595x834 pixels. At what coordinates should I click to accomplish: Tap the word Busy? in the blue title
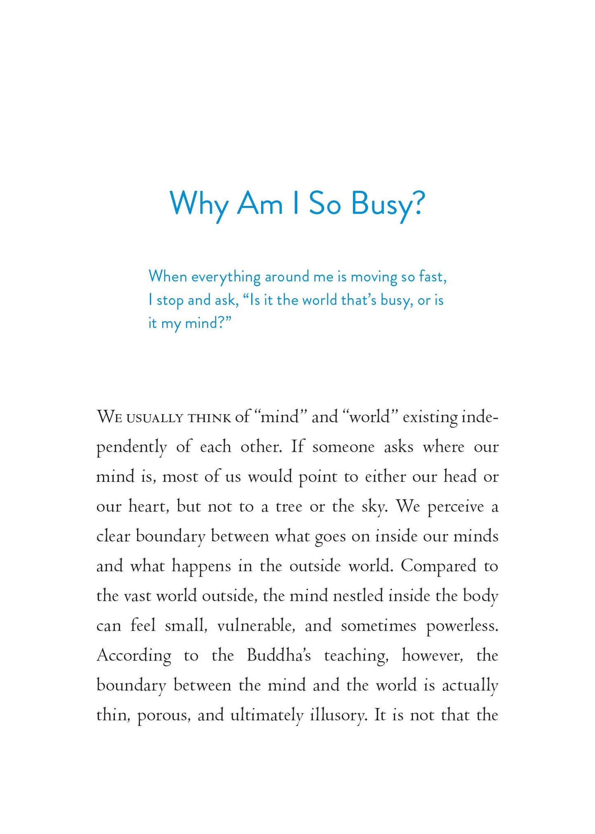coord(387,204)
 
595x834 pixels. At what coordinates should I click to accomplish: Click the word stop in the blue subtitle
coord(170,300)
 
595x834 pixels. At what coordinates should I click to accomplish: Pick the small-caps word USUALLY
coord(154,418)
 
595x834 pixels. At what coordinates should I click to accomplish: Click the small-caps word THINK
coord(209,418)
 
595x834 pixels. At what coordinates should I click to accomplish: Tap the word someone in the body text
coord(343,447)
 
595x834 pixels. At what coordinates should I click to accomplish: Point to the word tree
coord(289,506)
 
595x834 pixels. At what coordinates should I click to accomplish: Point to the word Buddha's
coord(279,655)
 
